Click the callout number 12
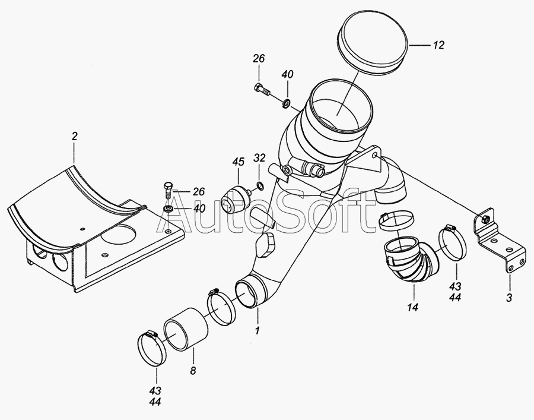pos(438,45)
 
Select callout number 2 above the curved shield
pos(75,136)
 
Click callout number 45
pos(239,162)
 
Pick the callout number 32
pos(259,158)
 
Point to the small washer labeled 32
pos(259,186)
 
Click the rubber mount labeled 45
pos(234,199)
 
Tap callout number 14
pos(412,308)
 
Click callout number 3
pos(509,298)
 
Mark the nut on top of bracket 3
pos(485,219)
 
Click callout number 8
pos(193,371)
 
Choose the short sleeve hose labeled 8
pos(186,329)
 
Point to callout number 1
pos(258,330)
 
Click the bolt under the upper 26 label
pos(262,89)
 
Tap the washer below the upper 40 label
pos(286,102)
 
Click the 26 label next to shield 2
pos(199,192)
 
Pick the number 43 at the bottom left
pos(155,391)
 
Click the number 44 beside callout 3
pos(455,297)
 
